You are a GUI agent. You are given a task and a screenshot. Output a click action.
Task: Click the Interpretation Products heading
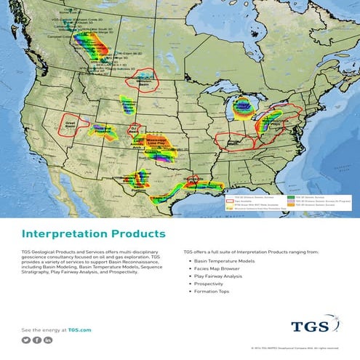(x=94, y=234)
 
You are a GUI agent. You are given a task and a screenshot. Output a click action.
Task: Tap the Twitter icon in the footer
(x=26, y=340)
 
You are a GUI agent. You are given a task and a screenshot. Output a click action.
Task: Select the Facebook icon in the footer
(x=37, y=340)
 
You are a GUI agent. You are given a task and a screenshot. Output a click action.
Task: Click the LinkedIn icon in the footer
(x=48, y=340)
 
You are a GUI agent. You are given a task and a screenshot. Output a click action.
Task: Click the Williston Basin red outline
(x=143, y=79)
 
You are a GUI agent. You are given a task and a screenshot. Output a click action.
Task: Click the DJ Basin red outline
(x=134, y=130)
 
